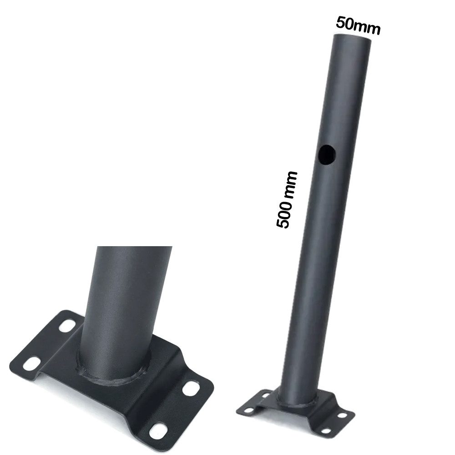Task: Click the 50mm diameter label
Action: (x=357, y=25)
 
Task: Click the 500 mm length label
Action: (x=287, y=200)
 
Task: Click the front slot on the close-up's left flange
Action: (x=31, y=363)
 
